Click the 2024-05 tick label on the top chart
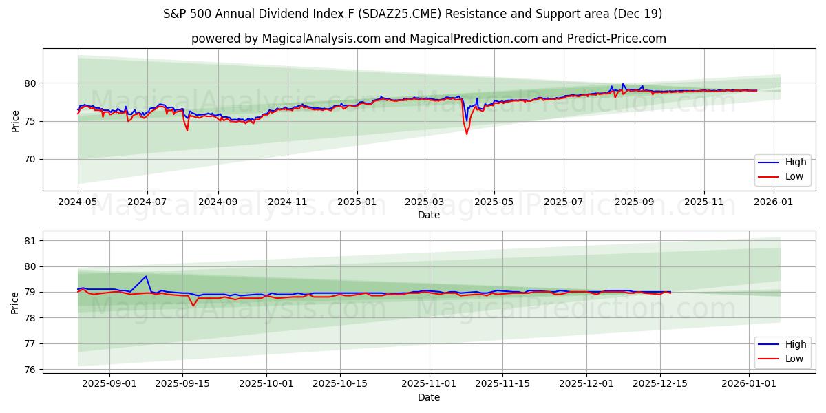pos(78,203)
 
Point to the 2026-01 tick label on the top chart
pos(774,203)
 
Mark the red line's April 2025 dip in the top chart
pos(467,134)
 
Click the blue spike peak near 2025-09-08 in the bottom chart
pos(146,277)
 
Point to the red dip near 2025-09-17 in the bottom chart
pos(193,305)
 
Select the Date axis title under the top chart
pos(429,215)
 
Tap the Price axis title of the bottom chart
pos(15,302)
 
